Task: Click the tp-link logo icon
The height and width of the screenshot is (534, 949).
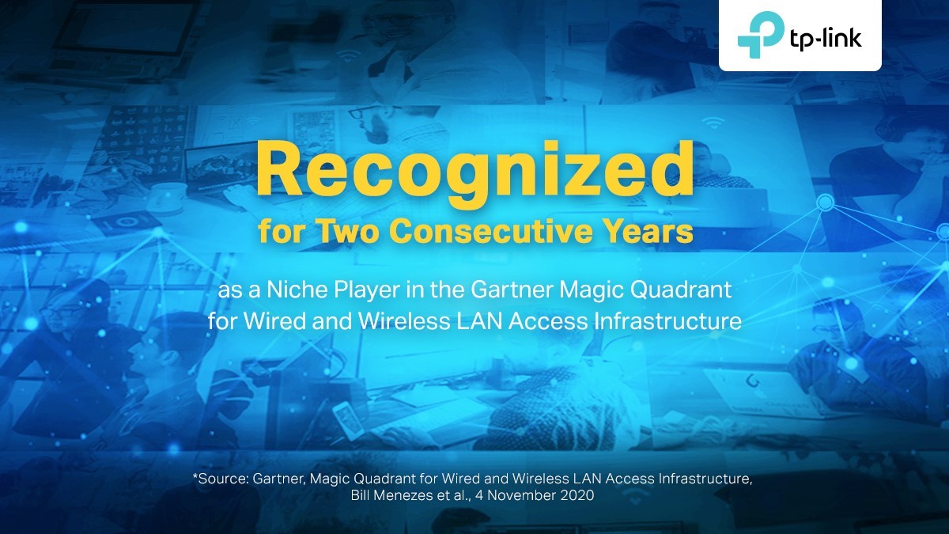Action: coord(761,35)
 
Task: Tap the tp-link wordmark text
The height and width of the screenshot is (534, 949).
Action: coord(826,40)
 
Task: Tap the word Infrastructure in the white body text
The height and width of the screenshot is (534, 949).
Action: coord(667,321)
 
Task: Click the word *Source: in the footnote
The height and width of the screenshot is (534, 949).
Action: coord(220,479)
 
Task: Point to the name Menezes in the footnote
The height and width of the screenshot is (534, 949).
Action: coord(402,495)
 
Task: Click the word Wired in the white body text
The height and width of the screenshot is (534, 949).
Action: coord(274,321)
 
